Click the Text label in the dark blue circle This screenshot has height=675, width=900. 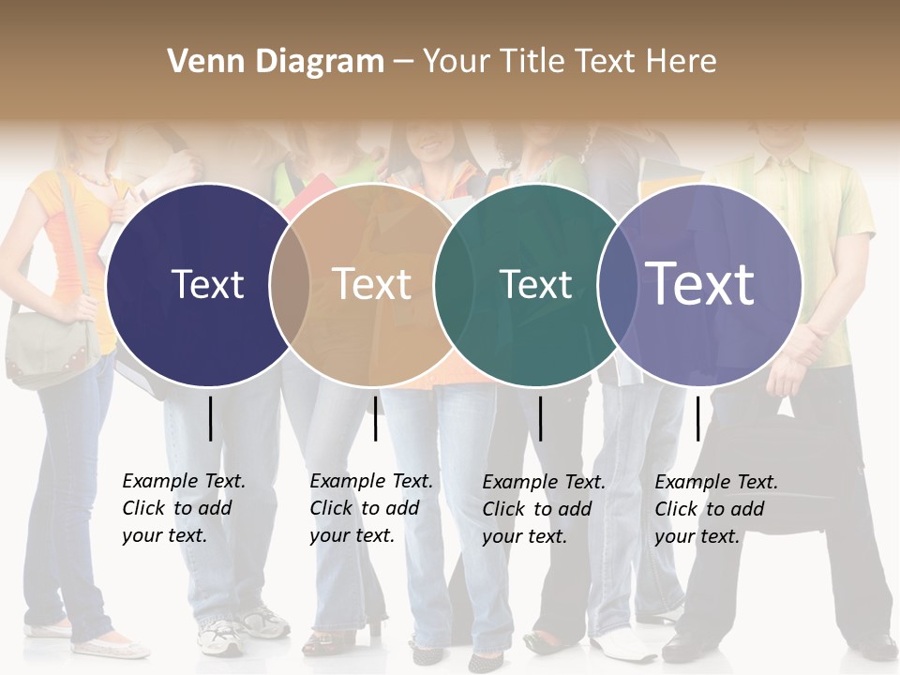[207, 284]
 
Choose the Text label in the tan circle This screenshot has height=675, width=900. [372, 284]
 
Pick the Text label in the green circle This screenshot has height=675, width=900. [535, 284]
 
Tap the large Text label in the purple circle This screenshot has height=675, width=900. [700, 284]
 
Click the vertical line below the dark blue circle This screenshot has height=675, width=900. [210, 418]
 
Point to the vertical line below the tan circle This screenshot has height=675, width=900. [375, 418]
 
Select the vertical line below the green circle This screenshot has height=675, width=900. [540, 418]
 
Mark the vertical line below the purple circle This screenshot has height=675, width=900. [697, 418]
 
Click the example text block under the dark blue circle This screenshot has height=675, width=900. [184, 508]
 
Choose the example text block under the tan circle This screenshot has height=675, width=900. [371, 508]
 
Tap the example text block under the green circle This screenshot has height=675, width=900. [544, 509]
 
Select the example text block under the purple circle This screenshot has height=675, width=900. [716, 509]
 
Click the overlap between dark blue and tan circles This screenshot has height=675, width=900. [290, 285]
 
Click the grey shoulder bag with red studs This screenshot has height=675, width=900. [52, 347]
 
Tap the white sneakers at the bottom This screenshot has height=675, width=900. [234, 633]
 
